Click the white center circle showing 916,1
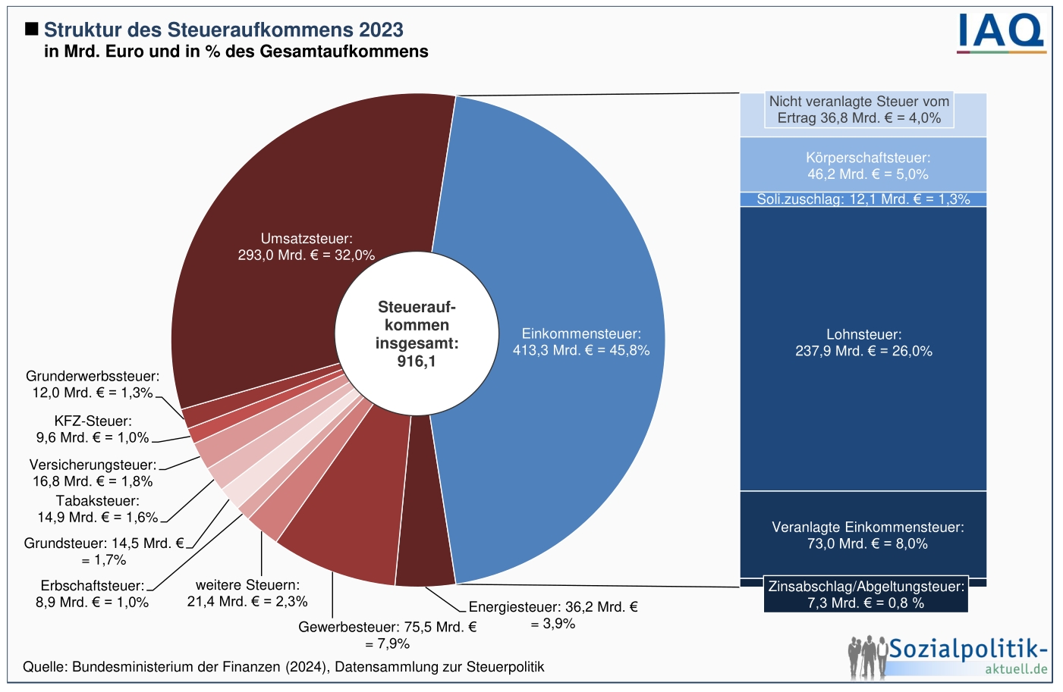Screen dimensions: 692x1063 (417, 334)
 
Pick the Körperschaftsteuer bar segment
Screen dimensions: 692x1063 (863, 165)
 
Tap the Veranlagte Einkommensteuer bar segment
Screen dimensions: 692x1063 (863, 535)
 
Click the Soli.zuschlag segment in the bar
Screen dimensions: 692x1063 (863, 199)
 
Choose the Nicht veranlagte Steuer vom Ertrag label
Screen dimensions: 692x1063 (859, 110)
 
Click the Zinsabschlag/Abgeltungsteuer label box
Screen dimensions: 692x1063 (866, 594)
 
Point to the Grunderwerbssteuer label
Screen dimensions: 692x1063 (93, 384)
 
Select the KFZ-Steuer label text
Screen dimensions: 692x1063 (93, 429)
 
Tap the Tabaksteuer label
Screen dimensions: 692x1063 (98, 509)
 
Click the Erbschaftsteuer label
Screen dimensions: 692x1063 (93, 594)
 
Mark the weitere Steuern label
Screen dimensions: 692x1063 (247, 593)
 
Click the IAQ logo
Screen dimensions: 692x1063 (1001, 33)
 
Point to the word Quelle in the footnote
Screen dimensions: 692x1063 (43, 667)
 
